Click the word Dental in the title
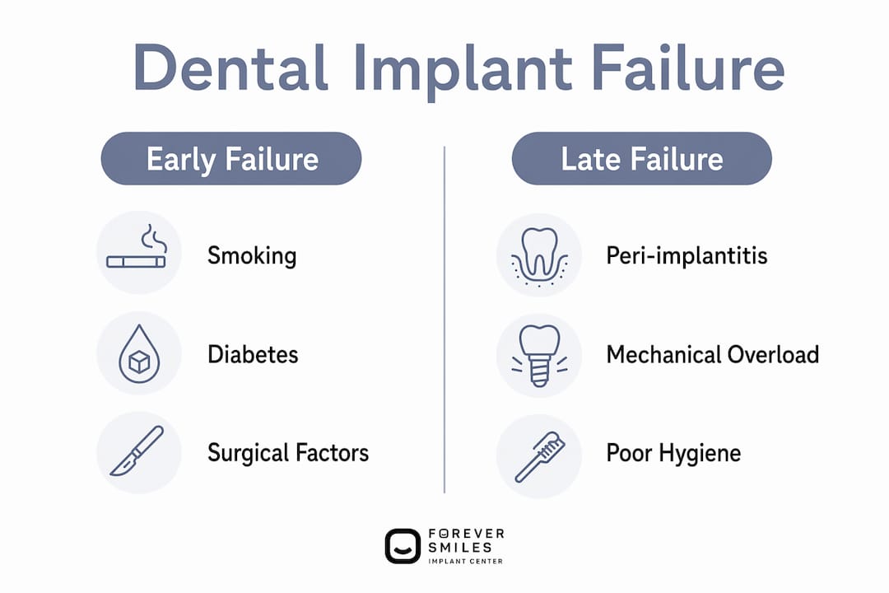pyautogui.click(x=230, y=68)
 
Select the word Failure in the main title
pyautogui.click(x=688, y=68)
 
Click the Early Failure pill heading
pyautogui.click(x=231, y=158)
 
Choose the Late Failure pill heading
pyautogui.click(x=642, y=158)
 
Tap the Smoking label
pyautogui.click(x=252, y=256)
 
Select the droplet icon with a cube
pyautogui.click(x=139, y=353)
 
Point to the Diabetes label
pyautogui.click(x=253, y=355)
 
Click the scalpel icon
pyautogui.click(x=137, y=451)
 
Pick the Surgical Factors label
pyautogui.click(x=288, y=454)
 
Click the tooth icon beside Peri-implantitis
pyautogui.click(x=539, y=256)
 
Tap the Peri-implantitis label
pyautogui.click(x=687, y=256)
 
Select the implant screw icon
pyautogui.click(x=539, y=356)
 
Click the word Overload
pyautogui.click(x=773, y=355)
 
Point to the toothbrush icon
pyautogui.click(x=540, y=457)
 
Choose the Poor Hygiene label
pyautogui.click(x=673, y=454)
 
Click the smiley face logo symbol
pyautogui.click(x=403, y=547)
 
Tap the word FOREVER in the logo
pyautogui.click(x=466, y=534)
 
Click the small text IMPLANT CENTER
pyautogui.click(x=465, y=561)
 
